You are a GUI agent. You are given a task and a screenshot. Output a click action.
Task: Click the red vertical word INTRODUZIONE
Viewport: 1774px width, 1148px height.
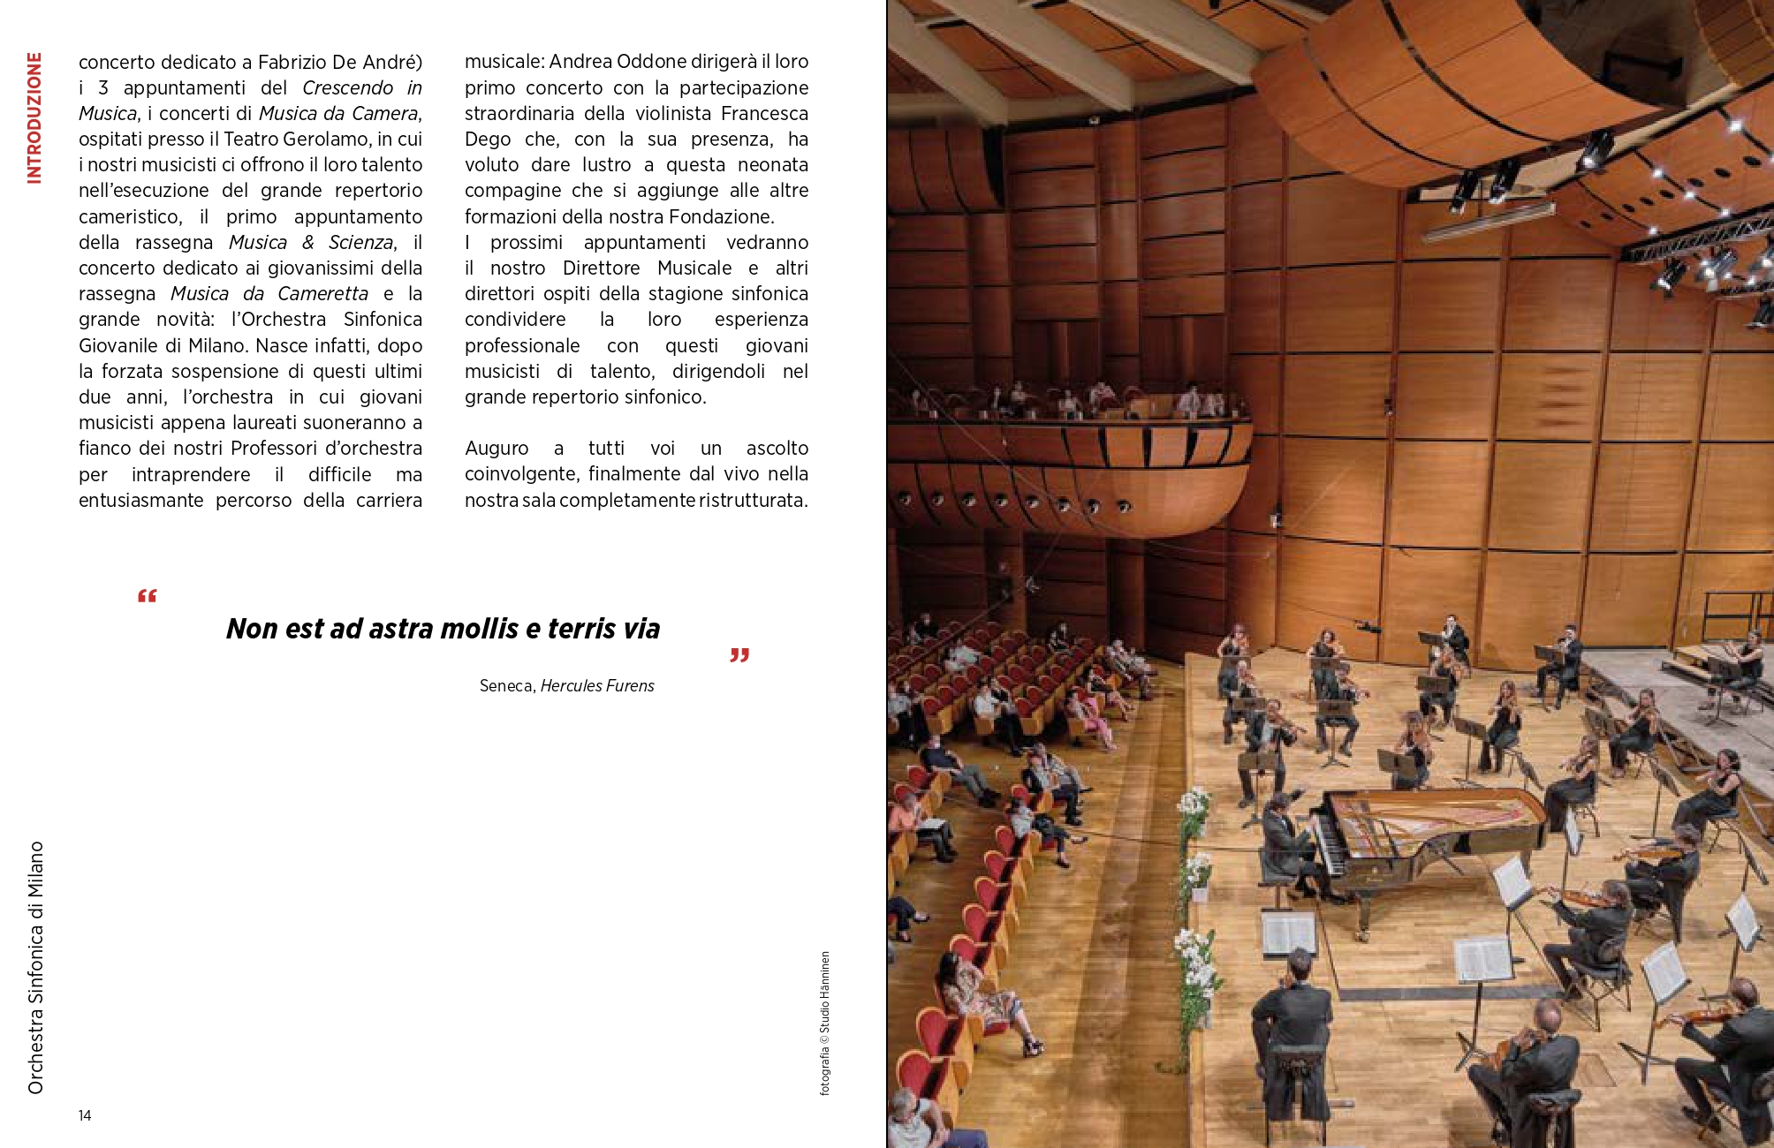pyautogui.click(x=34, y=117)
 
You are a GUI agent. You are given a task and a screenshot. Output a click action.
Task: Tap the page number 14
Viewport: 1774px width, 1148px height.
pyautogui.click(x=85, y=1115)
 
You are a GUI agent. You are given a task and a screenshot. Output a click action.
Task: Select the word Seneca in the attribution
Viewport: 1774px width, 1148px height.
pyautogui.click(x=506, y=686)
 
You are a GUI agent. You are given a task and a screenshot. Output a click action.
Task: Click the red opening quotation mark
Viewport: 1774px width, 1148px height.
pyautogui.click(x=148, y=596)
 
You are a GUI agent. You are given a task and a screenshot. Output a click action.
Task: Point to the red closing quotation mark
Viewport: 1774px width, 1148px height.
pyautogui.click(x=739, y=655)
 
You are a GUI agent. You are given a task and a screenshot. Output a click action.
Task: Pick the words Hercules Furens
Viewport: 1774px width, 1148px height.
pyautogui.click(x=597, y=686)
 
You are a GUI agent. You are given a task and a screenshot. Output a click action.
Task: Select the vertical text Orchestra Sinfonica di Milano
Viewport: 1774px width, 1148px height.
pyautogui.click(x=35, y=967)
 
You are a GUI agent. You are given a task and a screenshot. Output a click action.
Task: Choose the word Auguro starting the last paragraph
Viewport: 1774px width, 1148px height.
pyautogui.click(x=497, y=449)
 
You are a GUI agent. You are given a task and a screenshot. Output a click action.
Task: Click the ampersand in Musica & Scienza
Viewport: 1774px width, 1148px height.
pyautogui.click(x=307, y=242)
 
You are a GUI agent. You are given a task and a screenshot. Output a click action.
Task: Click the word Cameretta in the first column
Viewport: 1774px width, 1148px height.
pyautogui.click(x=322, y=294)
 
